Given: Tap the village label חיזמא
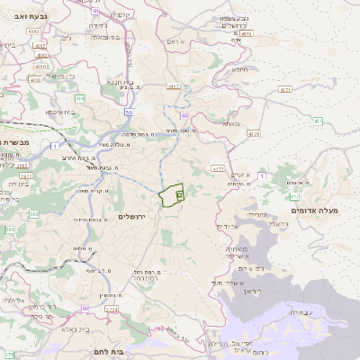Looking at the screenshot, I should [239, 68].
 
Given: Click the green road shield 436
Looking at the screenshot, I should [79, 98].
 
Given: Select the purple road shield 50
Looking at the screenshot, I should [129, 112].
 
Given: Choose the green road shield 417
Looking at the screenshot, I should [294, 195].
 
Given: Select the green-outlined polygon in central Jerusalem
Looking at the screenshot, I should [171, 195].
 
